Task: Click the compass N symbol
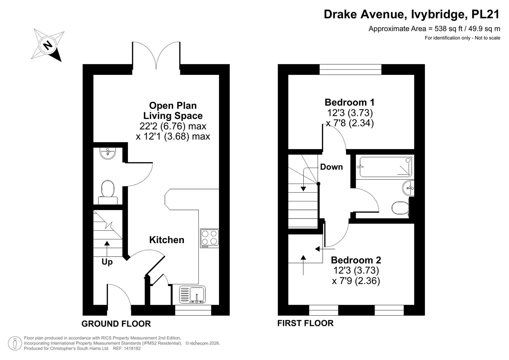point(48,45)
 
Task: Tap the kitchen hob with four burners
point(210,238)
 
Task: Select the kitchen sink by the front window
point(192,294)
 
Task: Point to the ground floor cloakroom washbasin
point(108,153)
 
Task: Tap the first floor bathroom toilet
point(400,208)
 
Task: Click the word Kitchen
point(167,240)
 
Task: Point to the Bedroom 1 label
point(349,102)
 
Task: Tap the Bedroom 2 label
point(356,260)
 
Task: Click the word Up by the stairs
point(107,262)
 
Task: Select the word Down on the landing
point(331,167)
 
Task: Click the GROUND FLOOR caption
point(116,324)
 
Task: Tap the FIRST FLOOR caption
point(305,323)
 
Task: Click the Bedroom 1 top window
point(350,69)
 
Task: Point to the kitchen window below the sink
point(193,310)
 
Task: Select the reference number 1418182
point(132,348)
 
